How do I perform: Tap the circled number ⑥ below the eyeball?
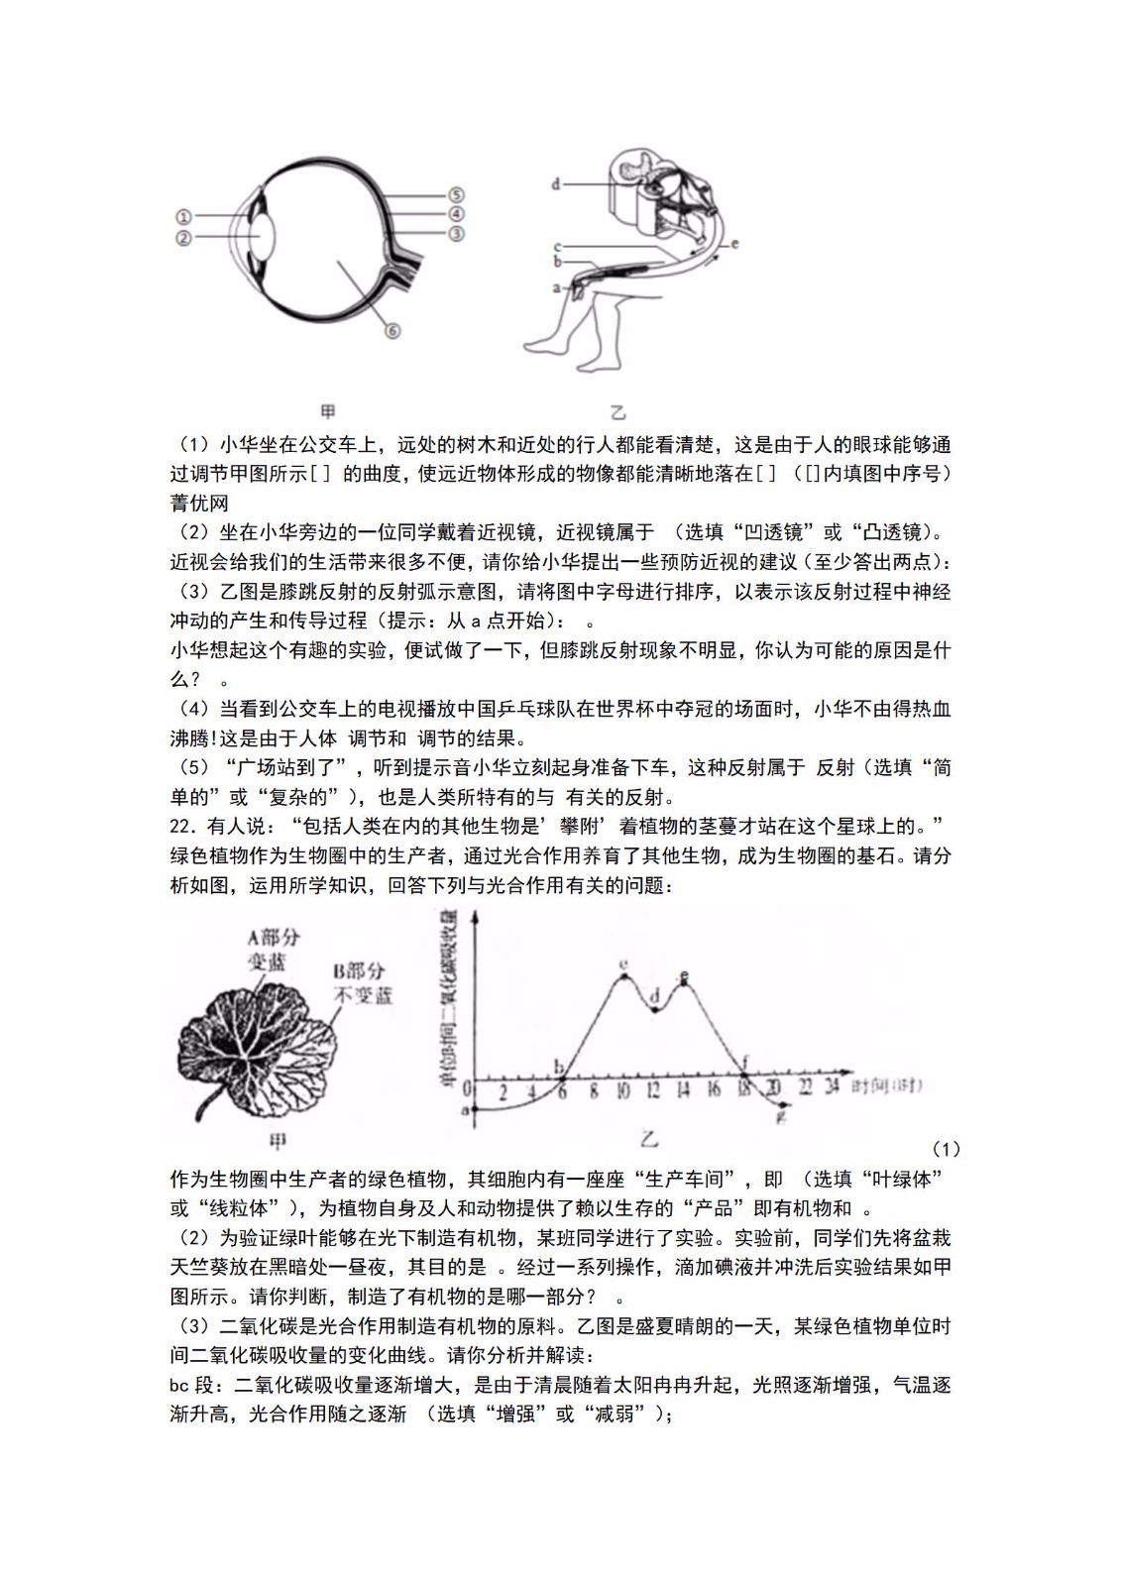tap(392, 331)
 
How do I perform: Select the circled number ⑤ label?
tap(456, 195)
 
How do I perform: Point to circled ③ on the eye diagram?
tap(456, 234)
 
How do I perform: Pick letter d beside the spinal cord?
tap(556, 183)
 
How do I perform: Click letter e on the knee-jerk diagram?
tap(733, 243)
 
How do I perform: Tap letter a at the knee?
tap(556, 287)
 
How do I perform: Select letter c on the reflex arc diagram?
tap(557, 247)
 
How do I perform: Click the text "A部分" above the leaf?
tap(273, 938)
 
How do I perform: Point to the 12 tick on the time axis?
tap(653, 1091)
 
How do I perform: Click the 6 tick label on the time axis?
tap(563, 1091)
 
